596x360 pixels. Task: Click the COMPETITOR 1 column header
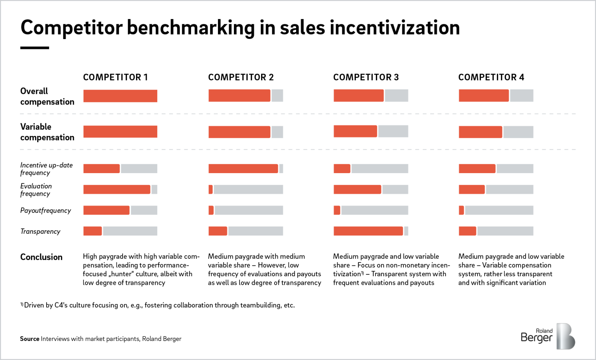pyautogui.click(x=115, y=77)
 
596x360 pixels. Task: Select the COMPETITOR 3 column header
pyautogui.click(x=366, y=77)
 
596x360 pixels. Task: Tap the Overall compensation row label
pyautogui.click(x=47, y=96)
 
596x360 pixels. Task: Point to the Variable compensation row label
pyautogui.click(x=47, y=132)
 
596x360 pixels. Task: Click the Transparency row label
pyautogui.click(x=40, y=231)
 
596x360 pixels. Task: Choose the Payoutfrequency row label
pyautogui.click(x=45, y=210)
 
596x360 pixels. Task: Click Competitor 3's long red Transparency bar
pyautogui.click(x=368, y=231)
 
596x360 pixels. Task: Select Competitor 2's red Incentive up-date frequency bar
pyautogui.click(x=243, y=169)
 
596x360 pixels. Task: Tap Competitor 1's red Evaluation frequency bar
pyautogui.click(x=117, y=189)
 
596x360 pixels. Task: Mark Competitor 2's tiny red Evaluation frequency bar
pyautogui.click(x=211, y=189)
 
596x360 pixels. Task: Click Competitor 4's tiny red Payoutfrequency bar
pyautogui.click(x=462, y=210)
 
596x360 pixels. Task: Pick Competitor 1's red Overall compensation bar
pyautogui.click(x=120, y=96)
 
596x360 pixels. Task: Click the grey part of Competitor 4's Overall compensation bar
pyautogui.click(x=521, y=96)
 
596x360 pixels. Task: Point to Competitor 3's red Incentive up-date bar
pyautogui.click(x=342, y=169)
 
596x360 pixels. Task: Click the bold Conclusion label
pyautogui.click(x=41, y=257)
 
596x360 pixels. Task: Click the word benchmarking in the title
pyautogui.click(x=191, y=28)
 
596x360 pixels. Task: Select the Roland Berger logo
pyautogui.click(x=548, y=336)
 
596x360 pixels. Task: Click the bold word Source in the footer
pyautogui.click(x=29, y=339)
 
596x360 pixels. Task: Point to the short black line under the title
pyautogui.click(x=35, y=48)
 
